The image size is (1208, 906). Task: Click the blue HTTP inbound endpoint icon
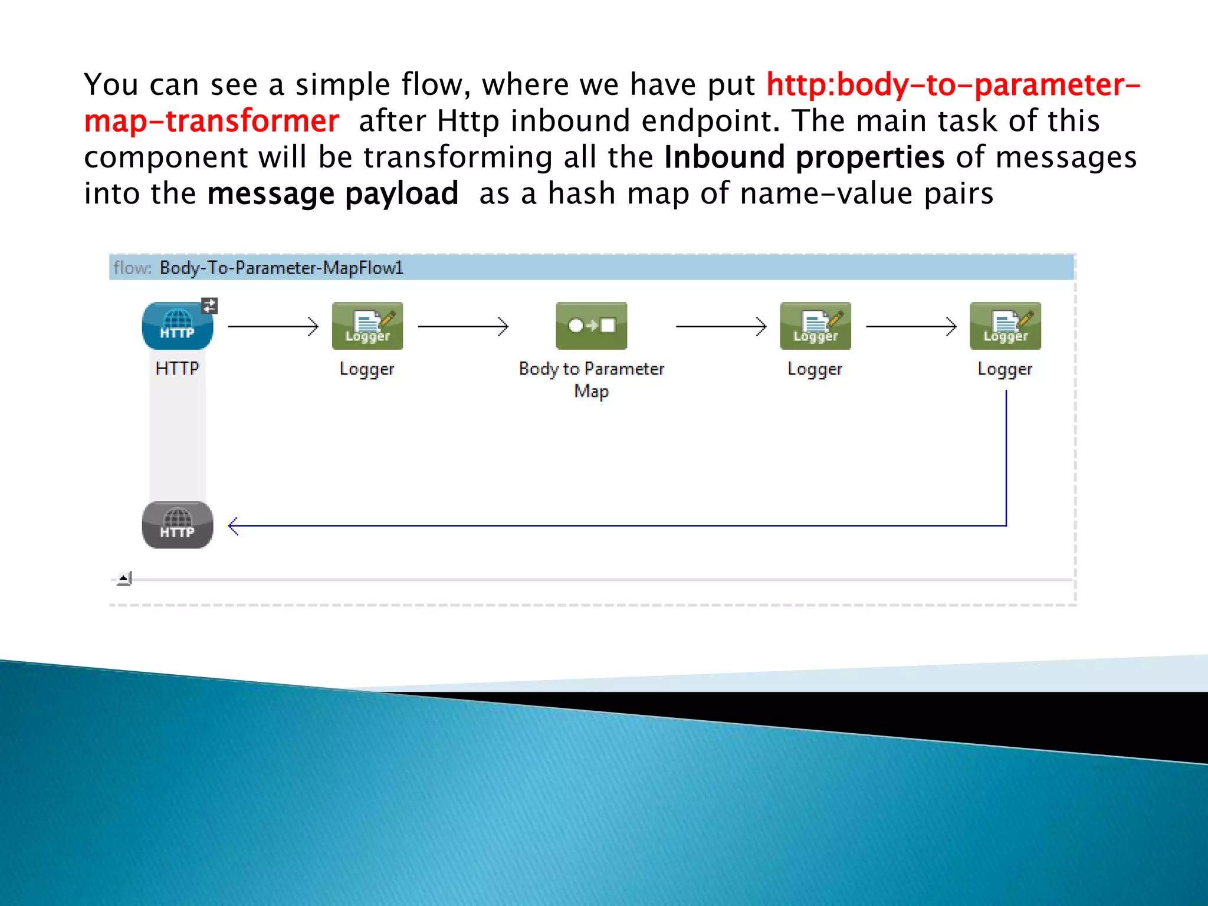(x=177, y=326)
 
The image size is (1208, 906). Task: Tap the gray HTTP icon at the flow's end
(x=177, y=525)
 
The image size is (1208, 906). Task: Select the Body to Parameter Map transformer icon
(x=591, y=326)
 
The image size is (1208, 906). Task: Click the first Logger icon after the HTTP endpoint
(x=367, y=326)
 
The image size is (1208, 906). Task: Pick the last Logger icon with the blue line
(x=1005, y=326)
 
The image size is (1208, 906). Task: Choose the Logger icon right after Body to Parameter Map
(x=815, y=326)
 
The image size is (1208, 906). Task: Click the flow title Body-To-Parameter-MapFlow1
(x=281, y=268)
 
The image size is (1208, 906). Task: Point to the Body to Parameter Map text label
(x=591, y=379)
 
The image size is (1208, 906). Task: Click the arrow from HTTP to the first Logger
(x=273, y=326)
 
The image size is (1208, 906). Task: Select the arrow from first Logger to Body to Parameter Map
(x=463, y=326)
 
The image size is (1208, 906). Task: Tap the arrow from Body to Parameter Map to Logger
(x=721, y=326)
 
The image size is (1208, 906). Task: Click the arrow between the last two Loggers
(x=911, y=326)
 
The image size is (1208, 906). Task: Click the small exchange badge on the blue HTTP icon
(x=209, y=306)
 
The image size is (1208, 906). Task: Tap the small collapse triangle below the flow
(x=124, y=578)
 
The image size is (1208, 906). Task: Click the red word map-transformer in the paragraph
(x=211, y=122)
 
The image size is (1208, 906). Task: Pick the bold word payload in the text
(x=402, y=194)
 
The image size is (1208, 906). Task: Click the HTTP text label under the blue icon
(x=177, y=369)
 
